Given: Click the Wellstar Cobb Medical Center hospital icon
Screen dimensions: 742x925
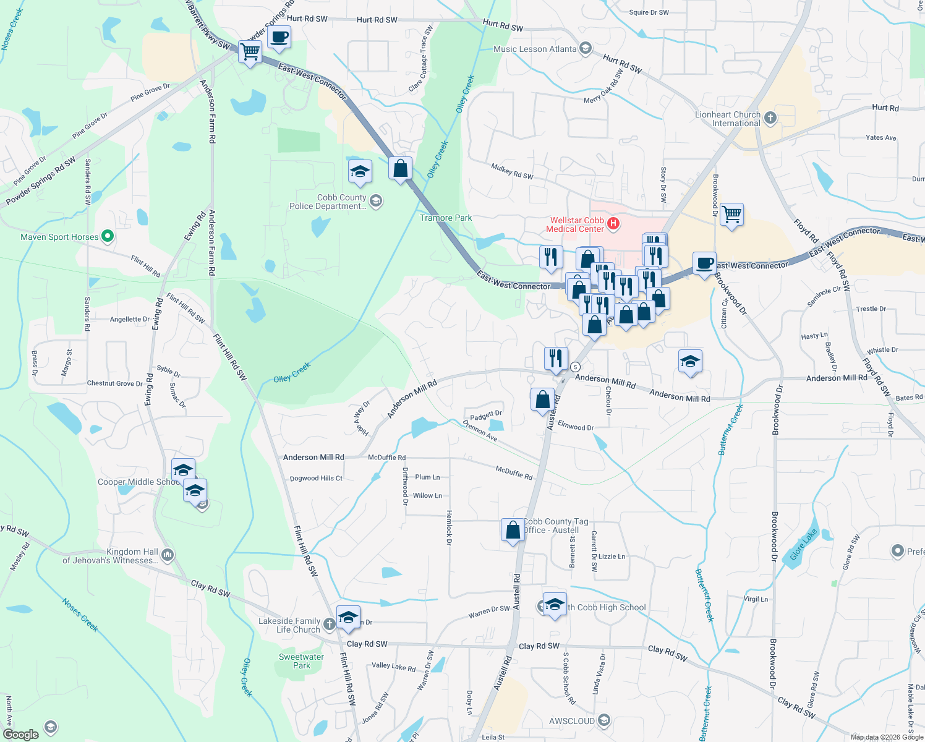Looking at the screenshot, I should click(x=613, y=224).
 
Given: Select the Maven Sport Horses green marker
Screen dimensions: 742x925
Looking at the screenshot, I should click(x=107, y=236).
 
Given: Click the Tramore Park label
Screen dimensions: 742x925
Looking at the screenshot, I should click(x=446, y=218).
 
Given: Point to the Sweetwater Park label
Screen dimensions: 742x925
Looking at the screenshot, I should click(x=301, y=661).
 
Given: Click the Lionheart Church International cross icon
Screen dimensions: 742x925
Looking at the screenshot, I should click(x=770, y=117).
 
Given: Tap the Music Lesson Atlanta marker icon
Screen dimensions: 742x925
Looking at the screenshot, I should click(x=585, y=49).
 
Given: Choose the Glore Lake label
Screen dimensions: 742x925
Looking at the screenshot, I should click(x=803, y=544).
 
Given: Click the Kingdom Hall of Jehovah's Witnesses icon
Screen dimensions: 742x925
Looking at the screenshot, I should click(x=168, y=555).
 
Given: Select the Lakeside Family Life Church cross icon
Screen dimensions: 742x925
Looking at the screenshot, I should click(x=329, y=624).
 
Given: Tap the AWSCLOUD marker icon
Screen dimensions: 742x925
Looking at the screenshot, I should click(x=604, y=720).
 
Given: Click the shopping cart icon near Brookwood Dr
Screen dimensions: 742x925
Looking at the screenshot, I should click(x=731, y=215).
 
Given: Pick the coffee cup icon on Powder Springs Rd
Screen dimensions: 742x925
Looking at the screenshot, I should click(x=279, y=36).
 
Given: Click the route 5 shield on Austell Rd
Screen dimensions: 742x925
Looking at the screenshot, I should click(x=575, y=366).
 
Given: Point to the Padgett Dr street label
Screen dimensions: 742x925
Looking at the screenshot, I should click(x=485, y=415).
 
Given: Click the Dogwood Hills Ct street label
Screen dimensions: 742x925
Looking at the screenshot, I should click(x=316, y=478).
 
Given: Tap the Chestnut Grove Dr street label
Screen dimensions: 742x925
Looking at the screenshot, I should click(x=115, y=383).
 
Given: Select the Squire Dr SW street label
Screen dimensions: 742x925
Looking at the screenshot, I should click(x=649, y=12).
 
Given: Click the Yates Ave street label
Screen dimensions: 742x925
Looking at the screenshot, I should click(x=880, y=137).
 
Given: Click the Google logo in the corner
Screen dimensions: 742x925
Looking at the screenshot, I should click(x=21, y=734).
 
